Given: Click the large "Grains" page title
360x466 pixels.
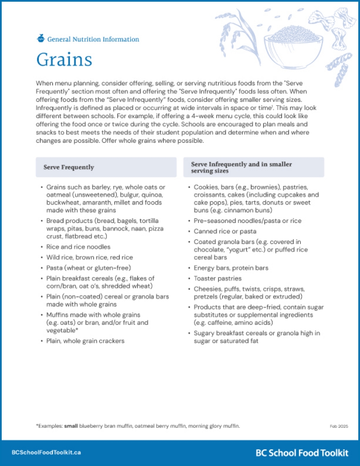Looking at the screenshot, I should click(64, 59).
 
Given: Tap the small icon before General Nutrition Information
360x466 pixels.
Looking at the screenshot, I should click(41, 38).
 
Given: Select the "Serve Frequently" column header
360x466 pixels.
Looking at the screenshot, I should click(68, 167).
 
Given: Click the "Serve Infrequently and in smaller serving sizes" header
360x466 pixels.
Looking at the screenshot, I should click(241, 168).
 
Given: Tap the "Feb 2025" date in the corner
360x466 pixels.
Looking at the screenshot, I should click(339, 426).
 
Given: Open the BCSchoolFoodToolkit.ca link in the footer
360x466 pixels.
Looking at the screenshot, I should click(46, 452).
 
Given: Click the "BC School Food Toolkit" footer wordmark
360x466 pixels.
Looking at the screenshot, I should click(302, 453).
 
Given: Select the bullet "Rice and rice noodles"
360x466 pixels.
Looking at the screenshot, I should click(78, 247).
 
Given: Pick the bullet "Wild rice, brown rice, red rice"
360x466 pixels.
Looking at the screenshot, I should click(90, 257).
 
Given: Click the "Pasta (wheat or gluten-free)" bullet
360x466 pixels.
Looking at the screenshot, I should click(89, 268).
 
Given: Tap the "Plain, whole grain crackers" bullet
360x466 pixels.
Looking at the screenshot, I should click(85, 341).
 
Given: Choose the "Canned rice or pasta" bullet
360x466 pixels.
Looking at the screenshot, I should click(225, 231).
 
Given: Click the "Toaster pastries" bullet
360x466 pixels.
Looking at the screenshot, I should click(218, 279).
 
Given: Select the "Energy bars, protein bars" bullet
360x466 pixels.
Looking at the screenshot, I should click(231, 268).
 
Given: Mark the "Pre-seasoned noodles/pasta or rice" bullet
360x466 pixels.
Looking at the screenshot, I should click(247, 221).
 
